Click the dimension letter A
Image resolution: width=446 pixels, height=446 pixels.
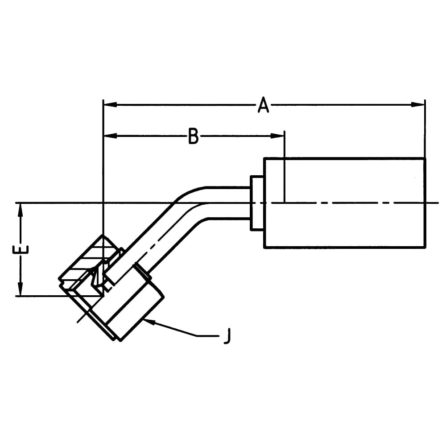[264, 105]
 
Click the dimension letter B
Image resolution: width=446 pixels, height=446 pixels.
[194, 136]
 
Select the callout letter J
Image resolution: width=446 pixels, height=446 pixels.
[227, 336]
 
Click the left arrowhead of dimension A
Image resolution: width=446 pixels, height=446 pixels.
[111, 105]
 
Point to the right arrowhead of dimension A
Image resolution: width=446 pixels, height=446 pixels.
[418, 105]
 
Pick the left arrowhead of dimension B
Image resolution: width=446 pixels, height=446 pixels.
[111, 136]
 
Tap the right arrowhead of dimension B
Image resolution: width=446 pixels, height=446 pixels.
[277, 136]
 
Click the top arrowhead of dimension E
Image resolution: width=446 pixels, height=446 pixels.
[20, 210]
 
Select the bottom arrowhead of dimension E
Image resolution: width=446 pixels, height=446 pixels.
[20, 289]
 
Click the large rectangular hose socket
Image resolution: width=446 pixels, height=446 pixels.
[345, 203]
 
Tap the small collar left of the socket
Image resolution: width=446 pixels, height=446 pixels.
[257, 203]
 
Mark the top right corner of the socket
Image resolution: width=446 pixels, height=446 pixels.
[425, 158]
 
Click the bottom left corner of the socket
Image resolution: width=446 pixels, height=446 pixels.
[264, 248]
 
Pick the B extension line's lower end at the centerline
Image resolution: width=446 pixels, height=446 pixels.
[285, 202]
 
